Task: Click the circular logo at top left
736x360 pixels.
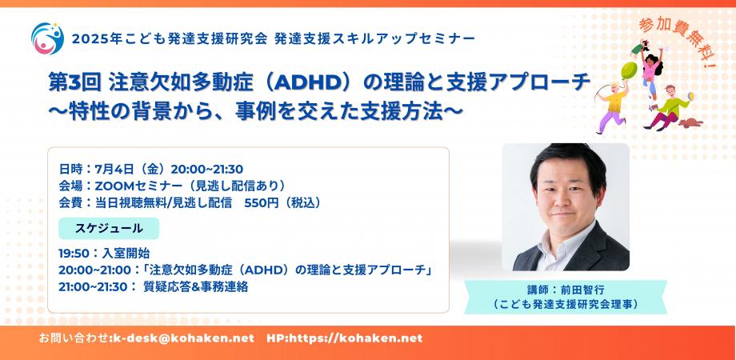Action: (45, 36)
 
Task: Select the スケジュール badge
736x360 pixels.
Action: (109, 228)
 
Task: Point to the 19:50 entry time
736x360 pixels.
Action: (74, 253)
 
